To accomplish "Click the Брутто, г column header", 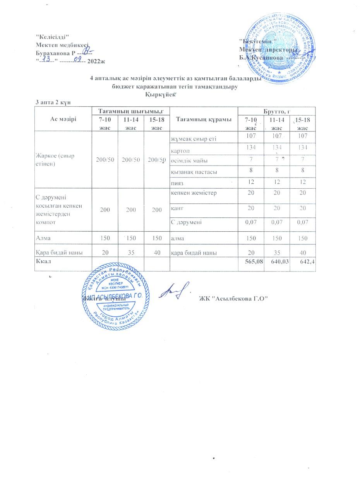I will click(276, 111).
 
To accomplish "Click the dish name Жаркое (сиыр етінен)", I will click(54, 159).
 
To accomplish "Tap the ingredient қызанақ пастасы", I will click(194, 171).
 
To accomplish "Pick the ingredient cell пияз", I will click(177, 182).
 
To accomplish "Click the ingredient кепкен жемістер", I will click(194, 193).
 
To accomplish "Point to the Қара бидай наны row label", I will click(58, 253).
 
